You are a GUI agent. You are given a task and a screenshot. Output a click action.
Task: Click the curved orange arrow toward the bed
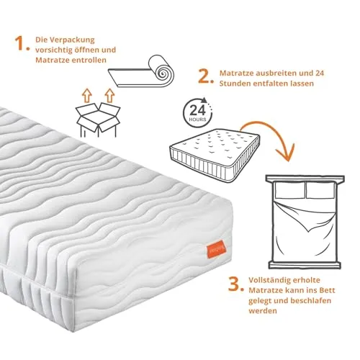[287, 139]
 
